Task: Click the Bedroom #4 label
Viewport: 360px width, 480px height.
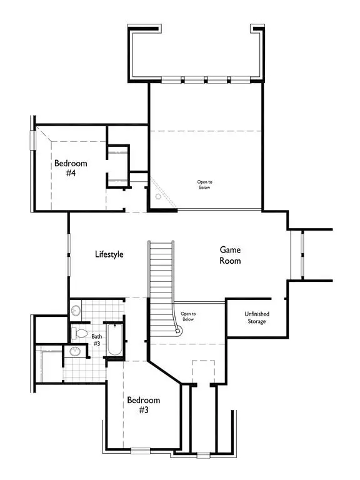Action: pos(71,168)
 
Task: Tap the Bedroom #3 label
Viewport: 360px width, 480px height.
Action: pos(144,405)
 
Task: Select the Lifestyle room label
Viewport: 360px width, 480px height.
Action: pos(109,254)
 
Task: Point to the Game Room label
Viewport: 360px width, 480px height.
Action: pos(230,255)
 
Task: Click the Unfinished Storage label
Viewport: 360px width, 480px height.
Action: pos(257,317)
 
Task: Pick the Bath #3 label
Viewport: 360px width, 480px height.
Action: pos(97,340)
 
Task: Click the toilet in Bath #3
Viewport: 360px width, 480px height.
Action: pos(79,333)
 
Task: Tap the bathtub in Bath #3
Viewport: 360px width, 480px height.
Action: pos(115,340)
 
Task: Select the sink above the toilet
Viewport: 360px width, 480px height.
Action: pos(76,311)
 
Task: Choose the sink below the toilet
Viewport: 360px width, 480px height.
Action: pos(75,351)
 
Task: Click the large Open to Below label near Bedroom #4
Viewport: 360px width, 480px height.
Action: pos(204,184)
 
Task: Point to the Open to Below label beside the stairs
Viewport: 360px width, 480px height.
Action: pos(188,316)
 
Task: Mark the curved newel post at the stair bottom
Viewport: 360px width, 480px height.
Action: pos(177,330)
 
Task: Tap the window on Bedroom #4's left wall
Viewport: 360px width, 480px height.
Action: pos(32,140)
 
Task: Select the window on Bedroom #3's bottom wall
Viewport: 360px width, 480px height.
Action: pos(141,450)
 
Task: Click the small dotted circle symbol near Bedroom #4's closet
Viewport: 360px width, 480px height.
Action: pos(158,196)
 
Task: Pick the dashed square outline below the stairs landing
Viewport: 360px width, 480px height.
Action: pos(203,372)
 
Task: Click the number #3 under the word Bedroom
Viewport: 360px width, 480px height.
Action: pos(144,409)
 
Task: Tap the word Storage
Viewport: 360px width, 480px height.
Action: pos(257,321)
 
